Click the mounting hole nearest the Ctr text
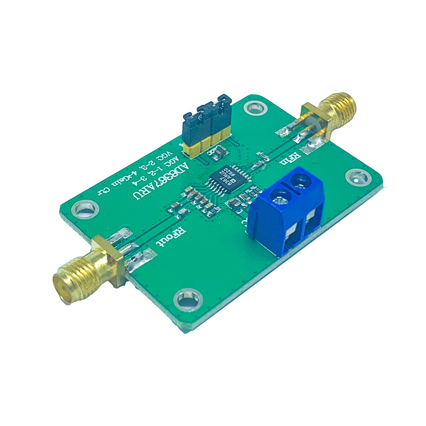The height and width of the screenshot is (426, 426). tap(83, 209)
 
